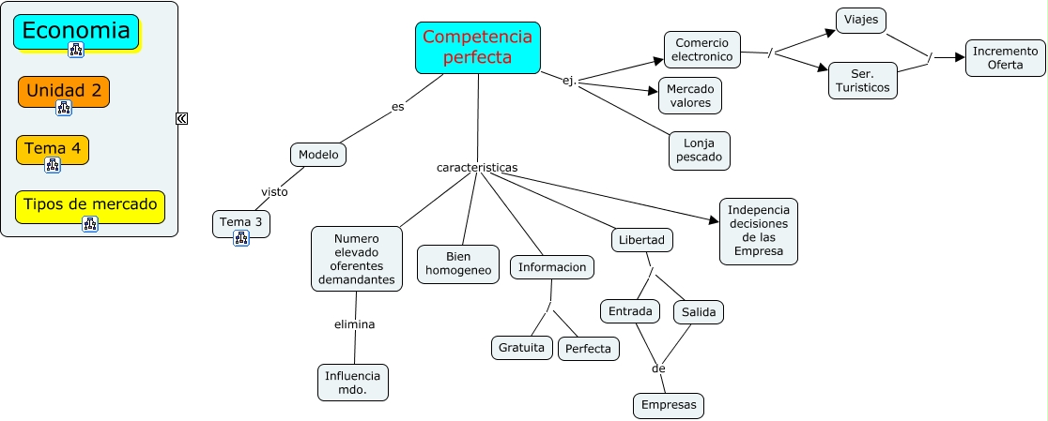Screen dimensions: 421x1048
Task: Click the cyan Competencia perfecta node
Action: point(478,48)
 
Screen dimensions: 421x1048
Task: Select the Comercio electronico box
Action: point(702,50)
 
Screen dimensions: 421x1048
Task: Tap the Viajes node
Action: point(861,21)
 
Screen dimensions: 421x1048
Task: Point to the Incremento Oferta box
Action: point(1005,57)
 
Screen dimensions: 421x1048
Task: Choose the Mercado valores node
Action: point(690,96)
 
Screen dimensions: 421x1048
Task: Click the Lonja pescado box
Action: point(700,150)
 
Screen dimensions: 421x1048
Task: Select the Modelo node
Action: point(318,155)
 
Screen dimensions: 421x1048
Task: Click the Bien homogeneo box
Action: point(458,263)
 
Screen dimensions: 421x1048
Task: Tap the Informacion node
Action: point(552,267)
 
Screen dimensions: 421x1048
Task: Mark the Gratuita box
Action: point(521,347)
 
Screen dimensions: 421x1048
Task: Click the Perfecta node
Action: point(589,349)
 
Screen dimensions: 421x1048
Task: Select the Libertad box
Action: point(642,240)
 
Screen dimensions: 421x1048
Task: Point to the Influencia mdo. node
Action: point(352,382)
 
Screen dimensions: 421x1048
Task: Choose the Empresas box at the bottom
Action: point(669,405)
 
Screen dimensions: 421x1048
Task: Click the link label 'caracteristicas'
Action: point(477,167)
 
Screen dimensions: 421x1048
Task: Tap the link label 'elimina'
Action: point(355,324)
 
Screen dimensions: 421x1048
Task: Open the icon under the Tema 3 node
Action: point(241,238)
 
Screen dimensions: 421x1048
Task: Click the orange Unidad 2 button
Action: point(64,91)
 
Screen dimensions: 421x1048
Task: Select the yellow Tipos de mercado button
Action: point(90,205)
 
